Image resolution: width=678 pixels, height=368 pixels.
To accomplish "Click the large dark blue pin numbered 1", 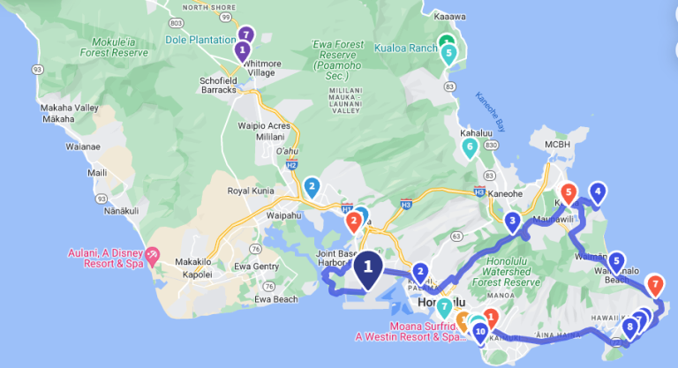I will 368,267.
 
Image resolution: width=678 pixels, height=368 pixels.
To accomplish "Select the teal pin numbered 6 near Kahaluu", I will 470,146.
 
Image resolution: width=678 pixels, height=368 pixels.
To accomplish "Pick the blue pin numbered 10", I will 480,333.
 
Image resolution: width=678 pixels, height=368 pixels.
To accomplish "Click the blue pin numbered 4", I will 598,192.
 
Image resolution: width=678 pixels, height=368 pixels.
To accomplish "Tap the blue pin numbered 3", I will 512,222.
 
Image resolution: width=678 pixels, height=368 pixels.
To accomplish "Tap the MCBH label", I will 558,144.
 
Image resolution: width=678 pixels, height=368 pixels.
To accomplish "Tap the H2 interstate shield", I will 290,165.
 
